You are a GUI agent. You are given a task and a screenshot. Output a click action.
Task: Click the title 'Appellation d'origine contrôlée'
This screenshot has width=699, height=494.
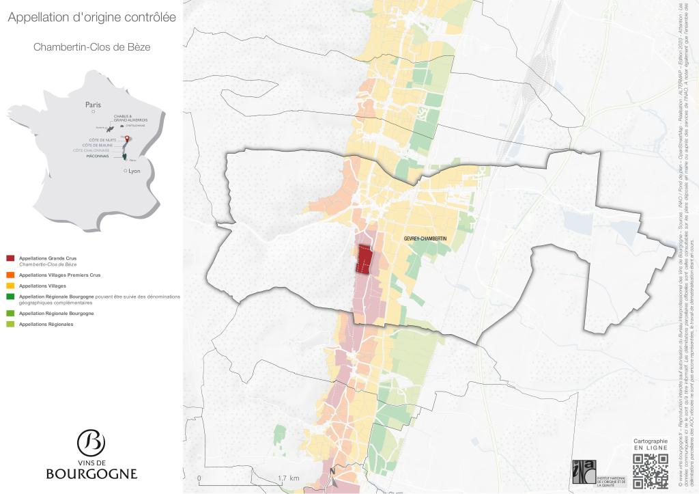click(91, 18)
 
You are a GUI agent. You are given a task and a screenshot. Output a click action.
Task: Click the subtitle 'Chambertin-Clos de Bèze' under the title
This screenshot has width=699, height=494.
click(91, 48)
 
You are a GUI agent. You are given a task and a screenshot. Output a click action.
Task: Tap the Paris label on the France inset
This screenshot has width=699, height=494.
click(93, 105)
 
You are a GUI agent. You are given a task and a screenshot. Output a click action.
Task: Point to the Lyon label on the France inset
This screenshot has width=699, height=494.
click(134, 171)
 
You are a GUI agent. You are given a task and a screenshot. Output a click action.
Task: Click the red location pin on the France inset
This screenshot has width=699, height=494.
click(126, 139)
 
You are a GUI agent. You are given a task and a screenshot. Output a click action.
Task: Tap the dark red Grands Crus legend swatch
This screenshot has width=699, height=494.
click(10, 258)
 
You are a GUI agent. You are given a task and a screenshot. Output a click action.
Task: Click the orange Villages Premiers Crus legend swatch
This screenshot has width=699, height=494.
click(10, 275)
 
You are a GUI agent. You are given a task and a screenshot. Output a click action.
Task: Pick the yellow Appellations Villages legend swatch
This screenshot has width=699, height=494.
click(10, 286)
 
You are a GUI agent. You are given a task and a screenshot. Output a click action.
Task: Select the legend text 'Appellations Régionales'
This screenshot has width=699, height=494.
click(46, 324)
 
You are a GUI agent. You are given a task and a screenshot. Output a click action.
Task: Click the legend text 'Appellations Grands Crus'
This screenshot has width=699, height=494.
click(48, 258)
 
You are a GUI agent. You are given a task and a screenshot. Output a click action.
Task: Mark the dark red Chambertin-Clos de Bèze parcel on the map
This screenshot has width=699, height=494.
click(365, 260)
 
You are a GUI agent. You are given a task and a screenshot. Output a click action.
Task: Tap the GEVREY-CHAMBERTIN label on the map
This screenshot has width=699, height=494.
click(425, 237)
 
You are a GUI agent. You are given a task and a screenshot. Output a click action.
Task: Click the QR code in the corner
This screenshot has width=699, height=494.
click(651, 471)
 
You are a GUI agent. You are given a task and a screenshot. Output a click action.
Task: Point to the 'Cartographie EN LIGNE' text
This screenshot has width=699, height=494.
click(651, 445)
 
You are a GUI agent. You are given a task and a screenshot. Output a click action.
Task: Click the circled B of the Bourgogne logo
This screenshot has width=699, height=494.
click(91, 443)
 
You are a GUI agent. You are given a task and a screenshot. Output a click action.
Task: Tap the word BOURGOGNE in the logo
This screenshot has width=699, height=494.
click(91, 473)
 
